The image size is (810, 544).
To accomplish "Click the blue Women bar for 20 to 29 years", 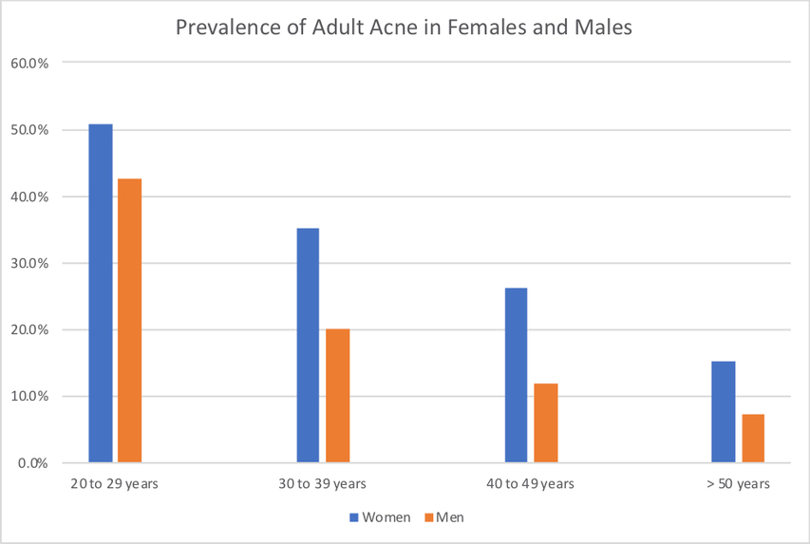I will click(x=101, y=293).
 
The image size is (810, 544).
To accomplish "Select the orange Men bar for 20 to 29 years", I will click(x=129, y=321).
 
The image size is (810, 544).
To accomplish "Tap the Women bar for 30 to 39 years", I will click(x=308, y=346).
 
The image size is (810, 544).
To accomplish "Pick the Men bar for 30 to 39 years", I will click(x=337, y=396).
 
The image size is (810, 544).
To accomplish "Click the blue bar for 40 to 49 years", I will click(x=516, y=375).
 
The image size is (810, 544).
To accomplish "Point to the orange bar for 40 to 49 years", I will click(x=545, y=423).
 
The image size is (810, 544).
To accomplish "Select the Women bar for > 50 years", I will click(x=724, y=412).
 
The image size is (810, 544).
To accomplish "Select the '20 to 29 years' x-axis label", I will click(x=114, y=484).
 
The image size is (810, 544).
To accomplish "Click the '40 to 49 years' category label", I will click(x=530, y=484).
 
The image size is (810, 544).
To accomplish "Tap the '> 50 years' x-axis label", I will click(x=738, y=484).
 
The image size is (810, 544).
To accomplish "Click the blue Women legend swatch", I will click(x=355, y=517).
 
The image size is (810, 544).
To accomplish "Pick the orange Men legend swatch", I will click(x=428, y=517).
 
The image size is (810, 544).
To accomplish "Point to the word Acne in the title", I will click(x=392, y=28).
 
